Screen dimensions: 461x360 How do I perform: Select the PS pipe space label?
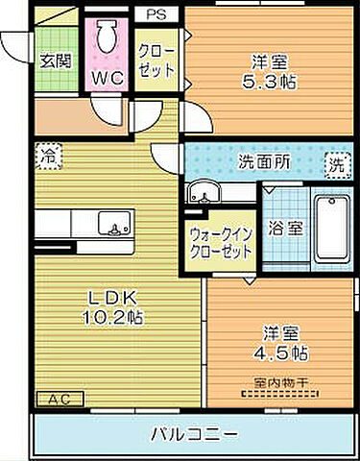pyautogui.click(x=155, y=13)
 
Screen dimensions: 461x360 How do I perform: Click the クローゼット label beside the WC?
pyautogui.click(x=156, y=60)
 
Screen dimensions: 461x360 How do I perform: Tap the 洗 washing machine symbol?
pyautogui.click(x=336, y=164)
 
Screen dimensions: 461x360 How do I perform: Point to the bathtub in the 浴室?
pyautogui.click(x=332, y=227)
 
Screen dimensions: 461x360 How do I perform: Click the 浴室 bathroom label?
pyautogui.click(x=285, y=229)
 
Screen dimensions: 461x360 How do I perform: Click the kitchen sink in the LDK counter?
pyautogui.click(x=117, y=229)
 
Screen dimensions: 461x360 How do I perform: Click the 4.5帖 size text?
pyautogui.click(x=285, y=352)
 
